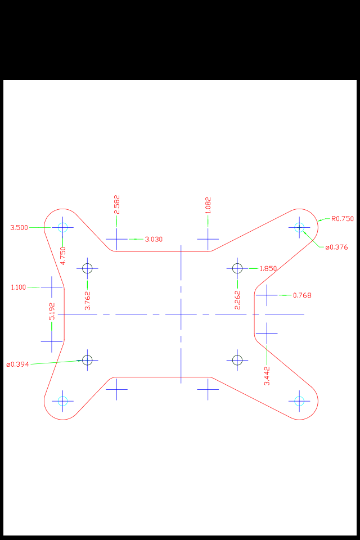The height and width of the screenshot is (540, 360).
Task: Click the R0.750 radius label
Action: coord(342,219)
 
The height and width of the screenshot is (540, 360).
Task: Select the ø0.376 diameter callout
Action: coord(336,247)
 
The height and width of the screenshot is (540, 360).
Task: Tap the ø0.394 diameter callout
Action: coord(17,364)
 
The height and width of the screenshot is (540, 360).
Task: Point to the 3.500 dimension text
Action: coord(19,227)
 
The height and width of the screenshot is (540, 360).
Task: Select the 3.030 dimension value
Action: coord(154,239)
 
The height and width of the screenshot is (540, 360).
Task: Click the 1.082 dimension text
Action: coord(208,205)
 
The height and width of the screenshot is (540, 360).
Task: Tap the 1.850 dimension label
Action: coord(268,268)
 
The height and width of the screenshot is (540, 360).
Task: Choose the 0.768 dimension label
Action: coord(302,295)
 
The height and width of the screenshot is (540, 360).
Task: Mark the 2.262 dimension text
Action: coord(237,300)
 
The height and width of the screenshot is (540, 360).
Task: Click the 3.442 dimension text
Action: coord(267,375)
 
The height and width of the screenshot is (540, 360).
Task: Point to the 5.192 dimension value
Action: coord(52,311)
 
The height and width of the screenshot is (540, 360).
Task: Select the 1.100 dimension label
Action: coord(19,287)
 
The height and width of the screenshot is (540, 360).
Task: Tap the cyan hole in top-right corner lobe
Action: coord(299,227)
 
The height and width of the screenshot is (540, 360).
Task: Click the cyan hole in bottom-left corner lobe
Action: coord(62,400)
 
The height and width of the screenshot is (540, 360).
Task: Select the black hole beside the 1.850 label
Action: coord(237,268)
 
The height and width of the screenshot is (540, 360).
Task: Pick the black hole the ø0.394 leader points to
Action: coord(87,359)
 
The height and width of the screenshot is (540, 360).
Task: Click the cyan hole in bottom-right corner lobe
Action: coord(299,400)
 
